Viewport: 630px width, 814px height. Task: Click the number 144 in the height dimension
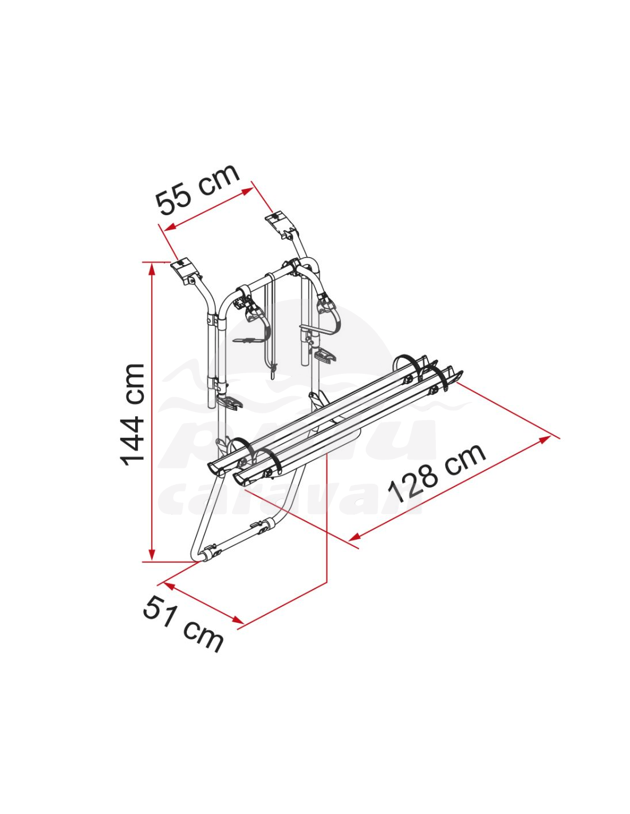tap(132, 432)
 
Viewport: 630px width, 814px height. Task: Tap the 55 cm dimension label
tap(198, 190)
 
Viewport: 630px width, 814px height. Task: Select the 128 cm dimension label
tap(437, 473)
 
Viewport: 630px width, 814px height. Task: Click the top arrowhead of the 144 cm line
tap(152, 268)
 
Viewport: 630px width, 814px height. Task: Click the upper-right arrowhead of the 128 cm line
tap(544, 440)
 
